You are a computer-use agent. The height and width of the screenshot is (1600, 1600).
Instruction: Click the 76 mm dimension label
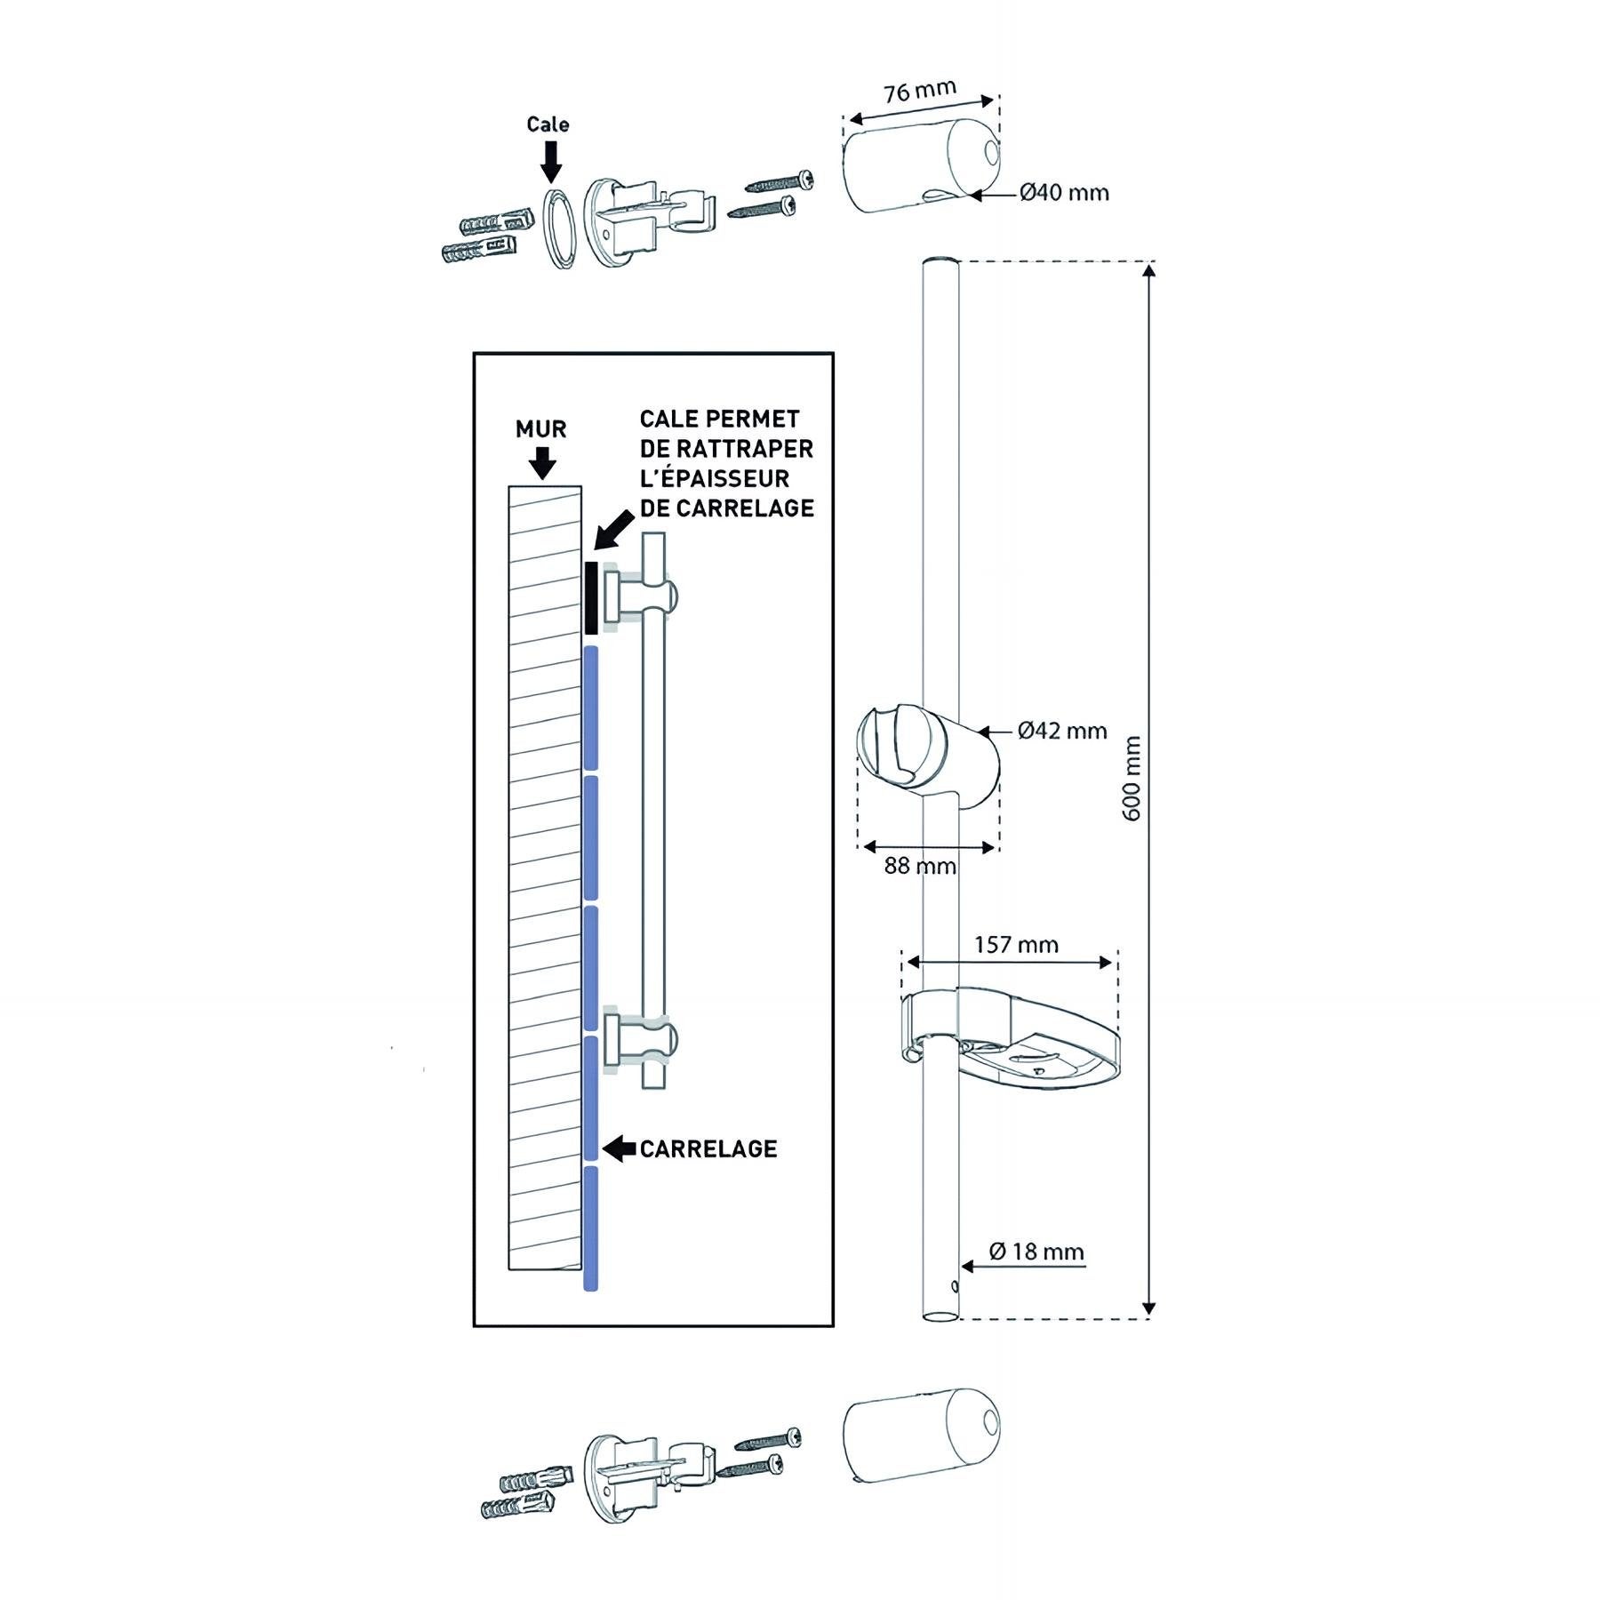[919, 91]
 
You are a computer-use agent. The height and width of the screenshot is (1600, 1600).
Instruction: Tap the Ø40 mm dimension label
[1064, 193]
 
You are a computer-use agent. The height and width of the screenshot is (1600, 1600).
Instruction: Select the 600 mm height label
[1132, 778]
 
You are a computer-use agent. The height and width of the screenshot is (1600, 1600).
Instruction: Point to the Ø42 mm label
[1062, 731]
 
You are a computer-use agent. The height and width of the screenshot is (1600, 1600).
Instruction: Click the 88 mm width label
[919, 866]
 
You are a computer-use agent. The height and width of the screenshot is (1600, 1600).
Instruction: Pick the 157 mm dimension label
[1016, 944]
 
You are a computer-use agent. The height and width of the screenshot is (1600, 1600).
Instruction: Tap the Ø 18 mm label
[1036, 1252]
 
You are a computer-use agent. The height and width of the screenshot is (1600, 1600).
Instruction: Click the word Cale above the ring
[548, 124]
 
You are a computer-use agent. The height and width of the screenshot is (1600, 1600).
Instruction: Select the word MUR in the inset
[540, 429]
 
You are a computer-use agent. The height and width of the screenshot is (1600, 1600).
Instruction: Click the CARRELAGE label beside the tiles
[708, 1149]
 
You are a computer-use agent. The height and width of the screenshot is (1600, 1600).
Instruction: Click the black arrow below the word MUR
[541, 462]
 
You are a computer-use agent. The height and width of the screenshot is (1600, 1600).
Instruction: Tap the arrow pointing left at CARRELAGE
[618, 1148]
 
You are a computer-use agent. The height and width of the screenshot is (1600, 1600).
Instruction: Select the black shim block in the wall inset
[591, 596]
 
